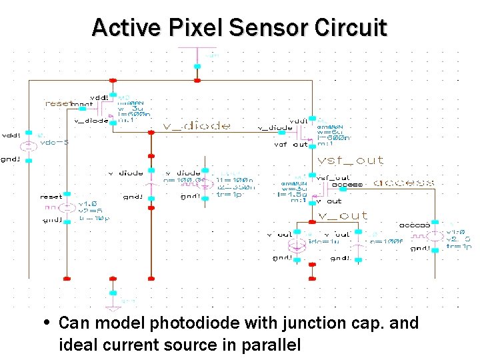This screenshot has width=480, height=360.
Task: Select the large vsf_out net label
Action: pos(351,160)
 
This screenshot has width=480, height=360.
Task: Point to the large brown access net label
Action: pos(403,182)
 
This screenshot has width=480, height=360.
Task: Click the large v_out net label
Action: pos(342,215)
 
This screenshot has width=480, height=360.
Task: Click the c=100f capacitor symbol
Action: pos(359,244)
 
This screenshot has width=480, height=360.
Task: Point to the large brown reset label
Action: pos(59,103)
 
